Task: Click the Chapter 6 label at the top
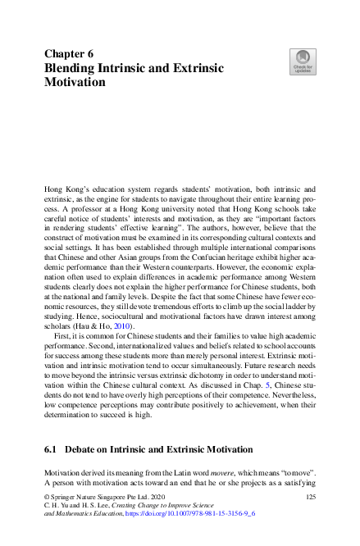[x=68, y=52]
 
